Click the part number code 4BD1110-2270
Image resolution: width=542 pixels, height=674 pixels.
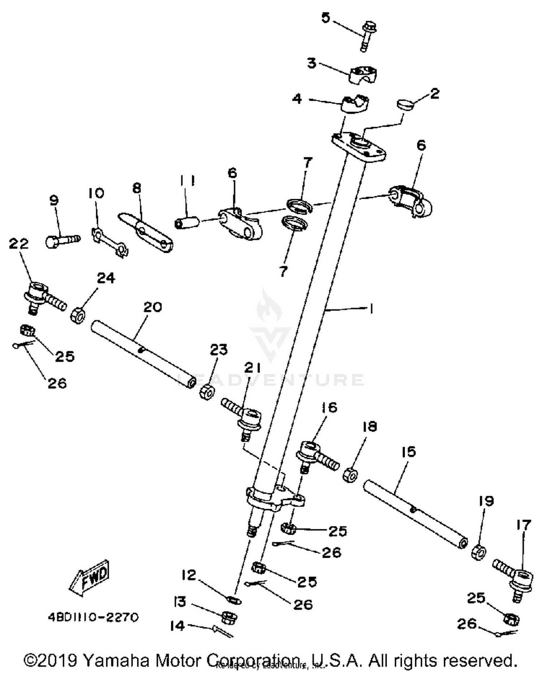(93, 617)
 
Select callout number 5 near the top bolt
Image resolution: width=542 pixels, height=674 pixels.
(326, 18)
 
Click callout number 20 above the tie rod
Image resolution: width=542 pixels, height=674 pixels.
(152, 307)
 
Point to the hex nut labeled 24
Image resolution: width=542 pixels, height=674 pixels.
(77, 316)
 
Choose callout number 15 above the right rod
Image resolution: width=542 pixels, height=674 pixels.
(409, 452)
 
